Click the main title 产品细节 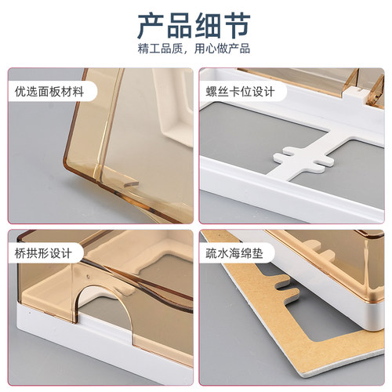(194, 26)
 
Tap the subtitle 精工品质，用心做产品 (194, 49)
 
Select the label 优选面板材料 (49, 92)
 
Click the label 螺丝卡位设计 (240, 92)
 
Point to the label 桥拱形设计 (43, 253)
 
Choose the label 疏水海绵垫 (234, 253)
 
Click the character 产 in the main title (151, 26)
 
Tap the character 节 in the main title (237, 26)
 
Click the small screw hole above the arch (88, 275)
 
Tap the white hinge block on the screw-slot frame (354, 95)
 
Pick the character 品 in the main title (180, 26)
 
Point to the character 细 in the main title (209, 26)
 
